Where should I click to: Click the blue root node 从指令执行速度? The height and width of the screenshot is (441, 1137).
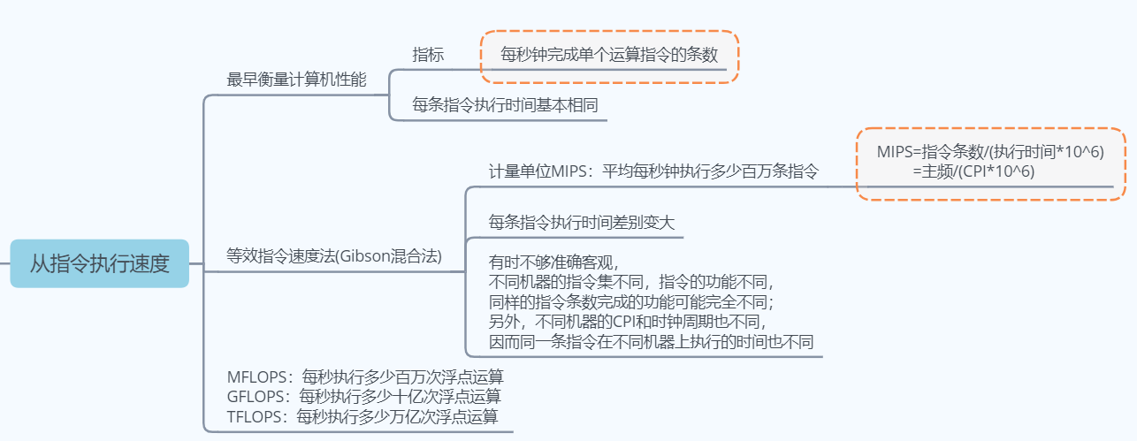click(x=99, y=263)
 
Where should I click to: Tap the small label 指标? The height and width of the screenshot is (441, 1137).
click(x=428, y=55)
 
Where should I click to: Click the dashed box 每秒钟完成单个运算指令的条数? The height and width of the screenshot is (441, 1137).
click(x=609, y=55)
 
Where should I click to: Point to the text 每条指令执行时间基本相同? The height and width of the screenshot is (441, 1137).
click(x=505, y=105)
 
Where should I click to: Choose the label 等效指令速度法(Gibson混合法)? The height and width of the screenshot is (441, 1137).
click(x=334, y=256)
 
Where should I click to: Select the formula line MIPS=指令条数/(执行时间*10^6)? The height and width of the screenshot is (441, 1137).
click(x=990, y=153)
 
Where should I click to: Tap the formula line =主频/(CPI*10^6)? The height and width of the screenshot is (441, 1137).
click(x=974, y=171)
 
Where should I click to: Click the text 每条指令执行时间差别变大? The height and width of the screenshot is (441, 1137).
click(x=582, y=222)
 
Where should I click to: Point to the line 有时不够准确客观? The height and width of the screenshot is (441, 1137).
click(x=554, y=262)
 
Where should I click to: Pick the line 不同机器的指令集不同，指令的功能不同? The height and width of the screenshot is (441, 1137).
click(x=631, y=282)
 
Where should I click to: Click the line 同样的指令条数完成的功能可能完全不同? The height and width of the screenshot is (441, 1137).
click(x=631, y=301)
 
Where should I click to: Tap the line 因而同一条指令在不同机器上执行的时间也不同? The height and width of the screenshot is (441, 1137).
click(x=651, y=340)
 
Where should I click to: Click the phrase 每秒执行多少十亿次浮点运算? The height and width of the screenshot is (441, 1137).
click(x=401, y=395)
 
